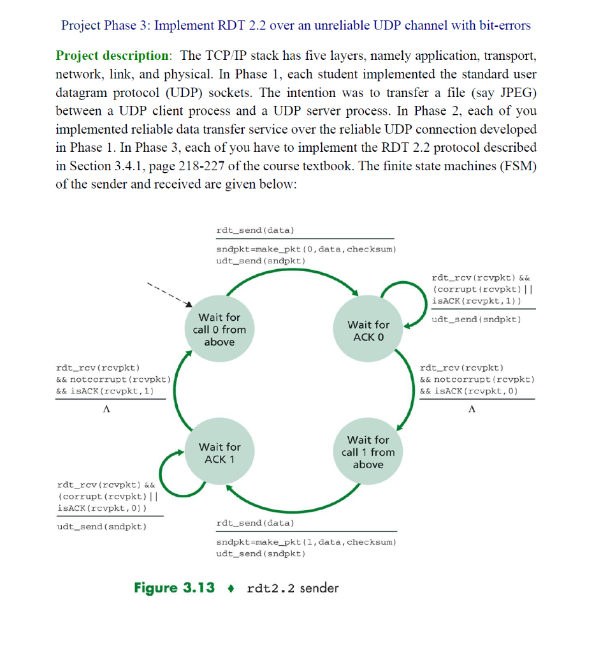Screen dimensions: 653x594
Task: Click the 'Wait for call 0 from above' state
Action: [x=219, y=329]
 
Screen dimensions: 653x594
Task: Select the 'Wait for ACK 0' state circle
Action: [x=368, y=330]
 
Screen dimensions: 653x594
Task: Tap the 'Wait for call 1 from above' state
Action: [x=368, y=452]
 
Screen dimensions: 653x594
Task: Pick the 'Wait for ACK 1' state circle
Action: [x=219, y=453]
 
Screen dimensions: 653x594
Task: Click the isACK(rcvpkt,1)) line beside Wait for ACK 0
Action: [x=476, y=300]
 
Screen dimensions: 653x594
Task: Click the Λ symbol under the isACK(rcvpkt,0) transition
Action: [x=471, y=410]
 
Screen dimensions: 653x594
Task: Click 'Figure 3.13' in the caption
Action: [x=174, y=587]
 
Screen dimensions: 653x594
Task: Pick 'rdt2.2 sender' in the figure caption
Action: [x=293, y=587]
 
